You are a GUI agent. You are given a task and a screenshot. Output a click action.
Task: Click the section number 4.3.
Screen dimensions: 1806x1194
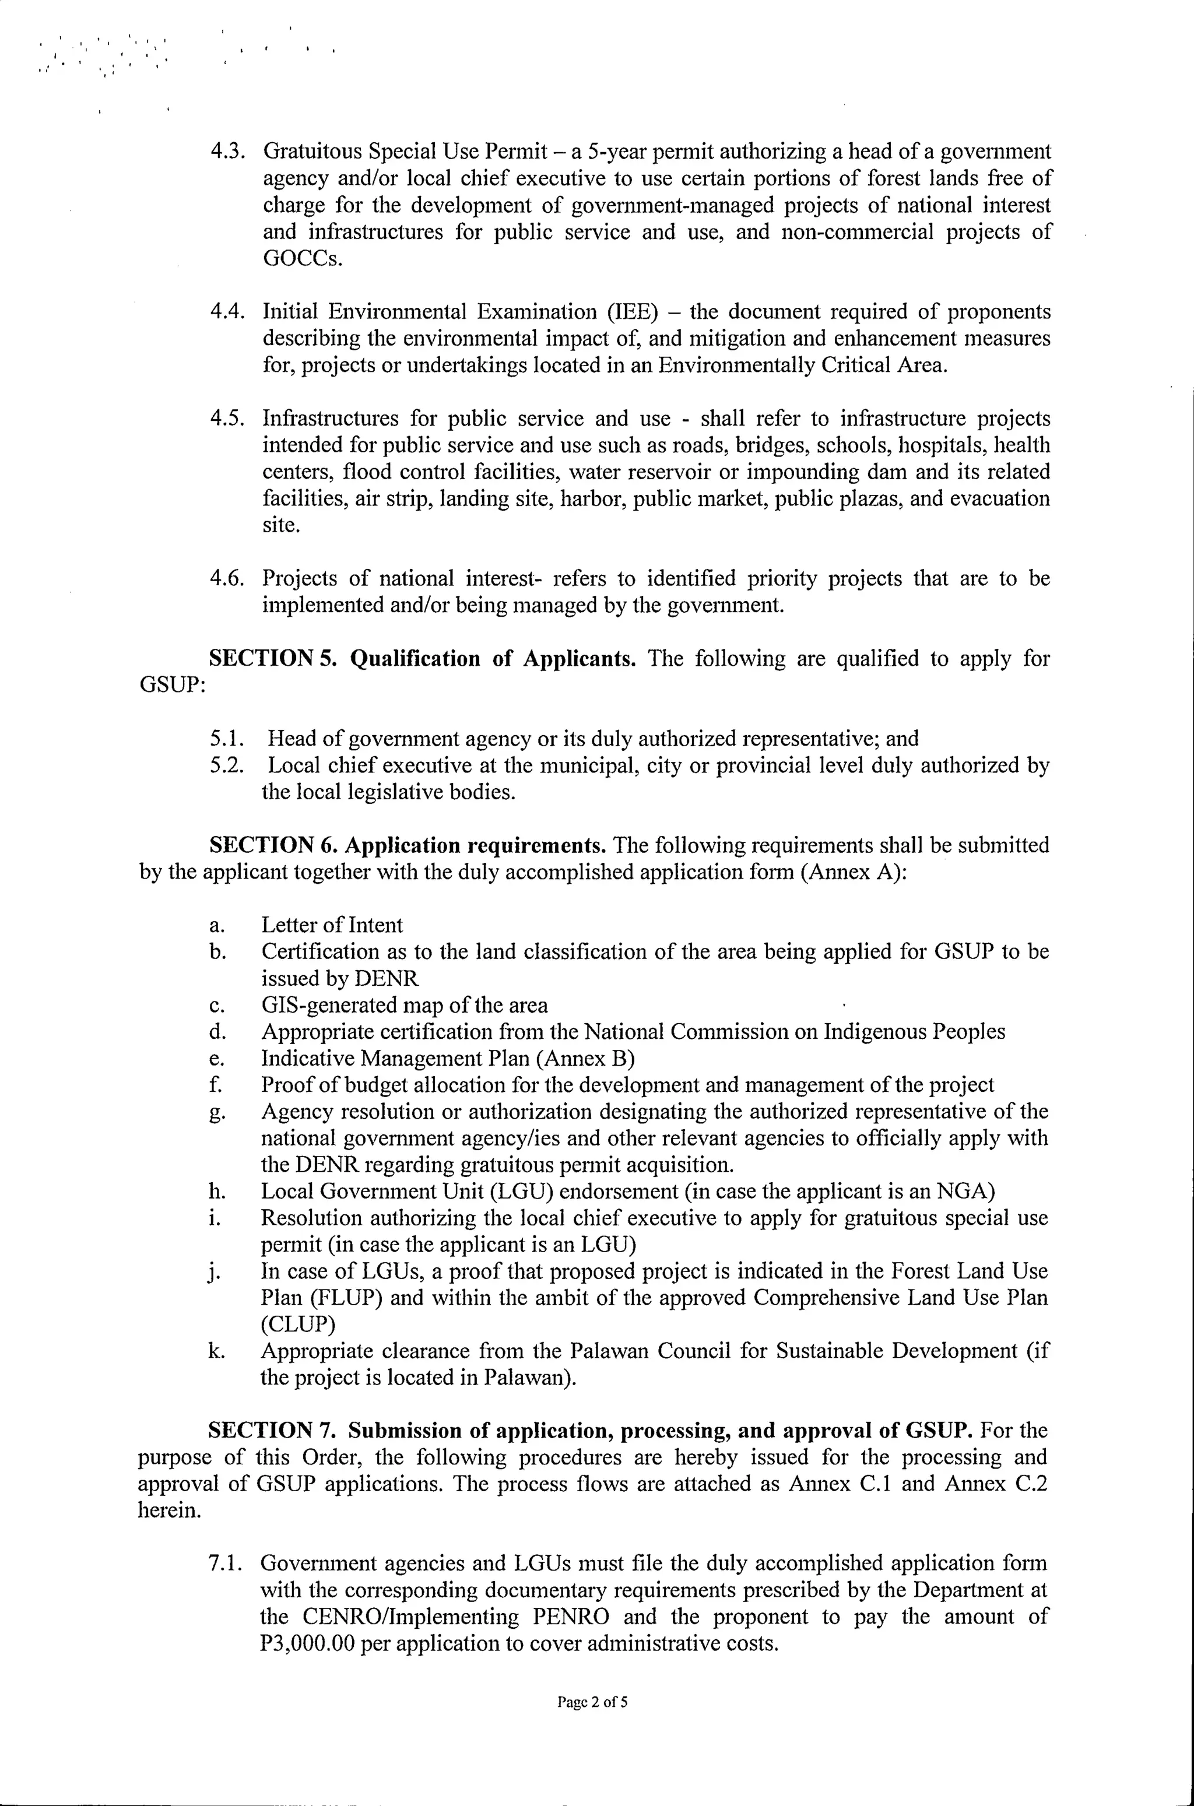click(x=226, y=152)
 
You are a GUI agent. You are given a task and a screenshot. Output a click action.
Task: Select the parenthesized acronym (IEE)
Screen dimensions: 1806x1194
click(x=632, y=312)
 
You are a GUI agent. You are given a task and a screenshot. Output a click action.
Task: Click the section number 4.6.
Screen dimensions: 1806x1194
click(x=226, y=579)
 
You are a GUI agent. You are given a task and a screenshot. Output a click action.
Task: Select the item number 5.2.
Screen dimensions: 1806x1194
click(x=226, y=765)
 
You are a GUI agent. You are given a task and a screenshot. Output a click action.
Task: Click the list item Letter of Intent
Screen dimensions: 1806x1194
click(x=332, y=925)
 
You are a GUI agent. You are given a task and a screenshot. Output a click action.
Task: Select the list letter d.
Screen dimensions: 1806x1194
click(x=216, y=1032)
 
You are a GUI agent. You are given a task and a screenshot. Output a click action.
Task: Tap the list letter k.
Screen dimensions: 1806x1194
click(x=216, y=1351)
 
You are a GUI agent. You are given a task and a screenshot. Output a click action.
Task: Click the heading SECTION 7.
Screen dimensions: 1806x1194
click(x=271, y=1431)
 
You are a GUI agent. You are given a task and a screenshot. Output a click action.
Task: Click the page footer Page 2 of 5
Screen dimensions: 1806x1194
click(x=593, y=1723)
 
